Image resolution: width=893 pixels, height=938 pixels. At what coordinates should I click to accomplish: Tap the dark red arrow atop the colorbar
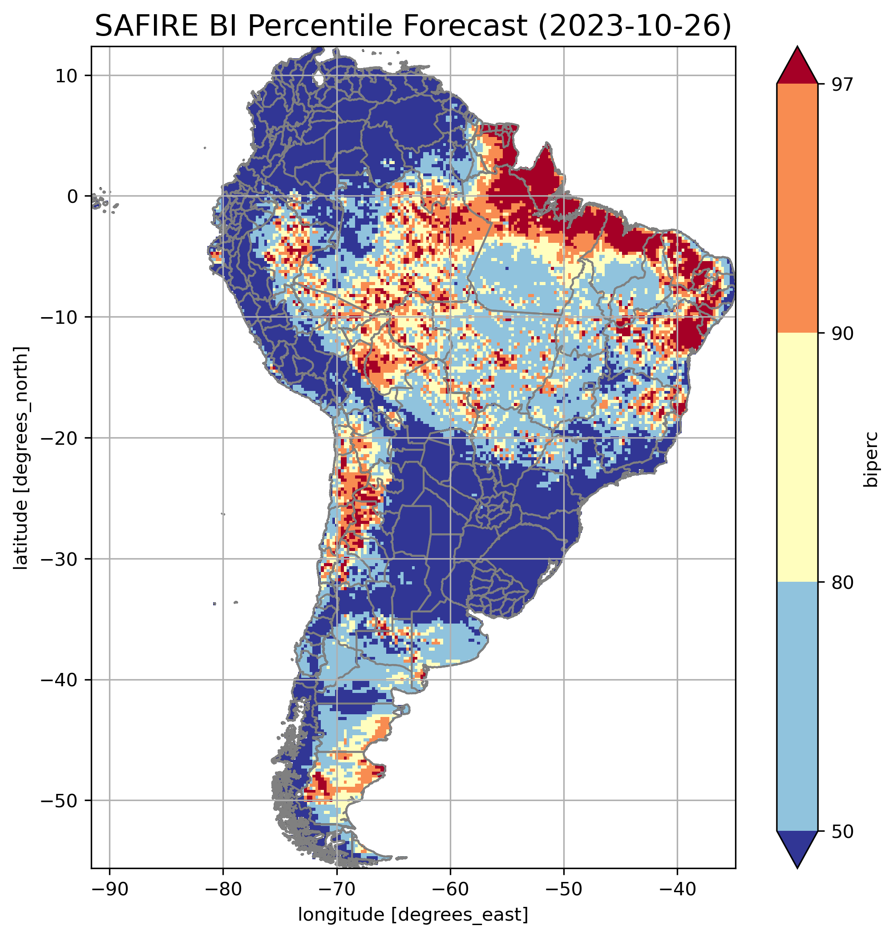[x=797, y=67]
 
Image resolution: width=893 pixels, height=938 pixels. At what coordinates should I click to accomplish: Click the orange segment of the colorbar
[x=797, y=209]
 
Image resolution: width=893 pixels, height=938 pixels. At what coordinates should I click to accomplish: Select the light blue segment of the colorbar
[x=797, y=707]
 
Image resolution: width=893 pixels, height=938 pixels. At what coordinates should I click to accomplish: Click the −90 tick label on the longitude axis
[x=109, y=889]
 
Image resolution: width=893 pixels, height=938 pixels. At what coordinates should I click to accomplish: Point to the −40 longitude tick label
[x=677, y=889]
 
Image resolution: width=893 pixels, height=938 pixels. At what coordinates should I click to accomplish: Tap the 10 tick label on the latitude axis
[x=67, y=76]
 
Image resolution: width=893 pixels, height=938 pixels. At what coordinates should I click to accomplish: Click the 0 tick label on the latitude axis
[x=73, y=197]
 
